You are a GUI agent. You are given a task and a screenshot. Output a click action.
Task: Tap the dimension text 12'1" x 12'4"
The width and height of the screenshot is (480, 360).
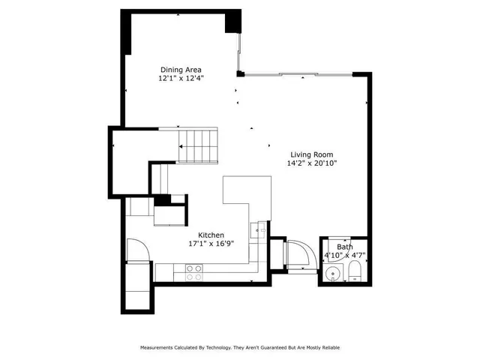(x=181, y=78)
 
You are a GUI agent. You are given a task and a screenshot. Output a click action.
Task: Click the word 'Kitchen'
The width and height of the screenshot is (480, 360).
(x=211, y=235)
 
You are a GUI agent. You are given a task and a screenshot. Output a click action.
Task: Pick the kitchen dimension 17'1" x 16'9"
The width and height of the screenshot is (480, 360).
(x=211, y=244)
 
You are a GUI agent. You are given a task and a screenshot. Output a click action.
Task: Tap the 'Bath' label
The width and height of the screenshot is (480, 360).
(x=344, y=247)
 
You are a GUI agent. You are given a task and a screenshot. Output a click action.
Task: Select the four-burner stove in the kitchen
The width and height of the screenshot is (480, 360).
(x=193, y=272)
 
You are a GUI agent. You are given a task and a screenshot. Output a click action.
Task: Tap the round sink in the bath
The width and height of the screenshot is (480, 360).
(x=331, y=274)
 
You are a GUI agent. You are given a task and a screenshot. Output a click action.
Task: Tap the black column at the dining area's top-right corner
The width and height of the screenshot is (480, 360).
(x=234, y=20)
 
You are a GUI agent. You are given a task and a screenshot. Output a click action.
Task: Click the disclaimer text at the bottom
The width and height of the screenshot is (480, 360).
(x=240, y=347)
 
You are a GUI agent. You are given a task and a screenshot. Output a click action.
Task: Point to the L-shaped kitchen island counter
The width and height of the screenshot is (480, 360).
(x=247, y=198)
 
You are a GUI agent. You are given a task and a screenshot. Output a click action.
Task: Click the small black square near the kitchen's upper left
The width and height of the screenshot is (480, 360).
(x=160, y=200)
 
